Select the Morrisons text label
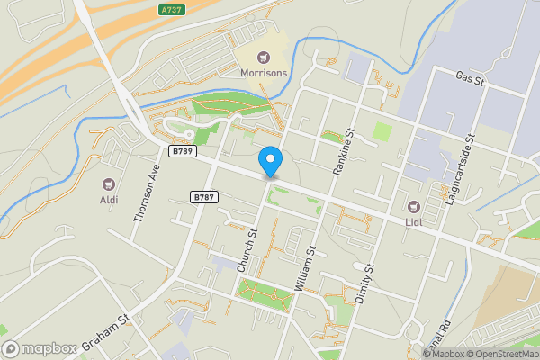pos(264,71)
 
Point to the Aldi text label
pos(109,200)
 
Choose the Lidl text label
pos(415,222)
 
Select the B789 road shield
pos(183,151)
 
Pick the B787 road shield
pos(203,195)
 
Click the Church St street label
pos(247,250)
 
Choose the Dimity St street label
pos(364,283)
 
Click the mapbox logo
pos(39,348)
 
